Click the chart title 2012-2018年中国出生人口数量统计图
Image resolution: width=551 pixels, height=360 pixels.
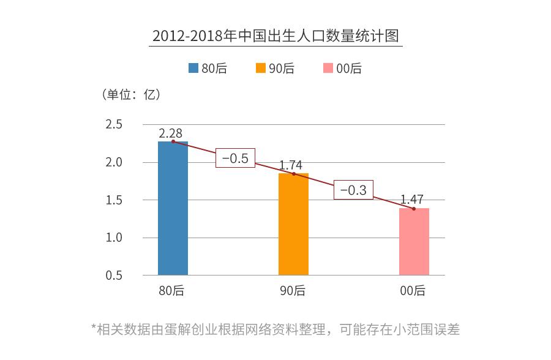pos(275,36)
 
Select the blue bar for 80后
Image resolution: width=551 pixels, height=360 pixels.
pos(173,208)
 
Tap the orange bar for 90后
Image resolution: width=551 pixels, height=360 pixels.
pos(293,224)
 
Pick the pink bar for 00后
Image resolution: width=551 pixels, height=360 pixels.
pos(414,241)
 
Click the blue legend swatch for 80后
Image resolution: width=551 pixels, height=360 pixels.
pos(193,69)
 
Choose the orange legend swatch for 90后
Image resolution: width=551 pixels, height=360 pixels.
pos(261,69)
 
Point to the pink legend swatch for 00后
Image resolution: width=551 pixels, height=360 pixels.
pos(328,69)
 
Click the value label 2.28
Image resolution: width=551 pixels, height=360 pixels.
pos(170,133)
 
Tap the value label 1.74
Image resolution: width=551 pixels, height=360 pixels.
pos(291,165)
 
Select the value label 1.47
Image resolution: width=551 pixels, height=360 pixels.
pos(412,200)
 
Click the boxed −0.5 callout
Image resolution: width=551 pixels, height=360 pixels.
pos(234,158)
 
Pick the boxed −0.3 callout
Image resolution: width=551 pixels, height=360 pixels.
pos(353,190)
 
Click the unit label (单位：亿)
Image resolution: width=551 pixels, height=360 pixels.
pos(130,94)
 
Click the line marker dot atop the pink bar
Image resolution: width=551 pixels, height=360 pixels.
pos(414,209)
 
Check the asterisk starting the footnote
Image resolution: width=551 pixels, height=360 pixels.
pos(94,328)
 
